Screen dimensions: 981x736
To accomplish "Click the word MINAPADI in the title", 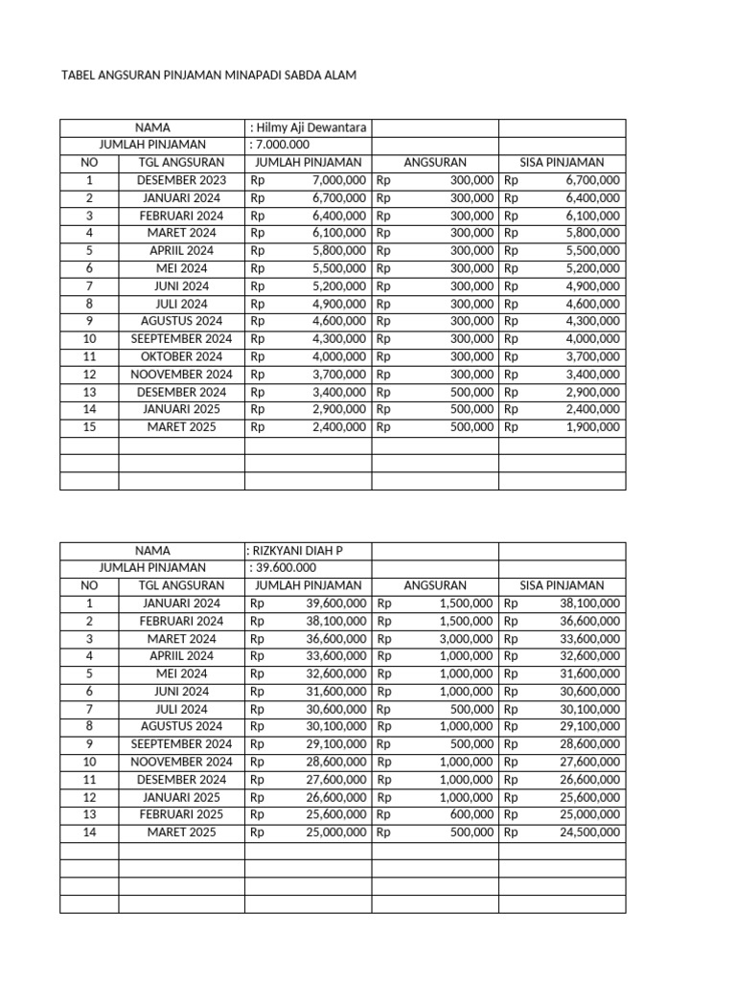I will [x=252, y=74].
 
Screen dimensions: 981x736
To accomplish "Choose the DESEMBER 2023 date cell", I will [x=181, y=180].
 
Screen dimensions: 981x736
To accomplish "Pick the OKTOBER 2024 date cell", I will [x=181, y=356].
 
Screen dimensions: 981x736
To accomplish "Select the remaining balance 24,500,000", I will [x=589, y=833].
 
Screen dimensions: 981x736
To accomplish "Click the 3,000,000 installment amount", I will [x=467, y=639].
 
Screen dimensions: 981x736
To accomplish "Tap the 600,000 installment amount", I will [x=472, y=814].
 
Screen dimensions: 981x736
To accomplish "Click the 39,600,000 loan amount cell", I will [x=335, y=604].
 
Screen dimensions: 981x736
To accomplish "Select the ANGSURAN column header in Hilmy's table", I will [x=434, y=163].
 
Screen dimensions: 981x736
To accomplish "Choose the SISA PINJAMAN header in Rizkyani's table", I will [x=562, y=585].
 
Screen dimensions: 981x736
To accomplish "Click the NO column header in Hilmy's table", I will [x=89, y=163].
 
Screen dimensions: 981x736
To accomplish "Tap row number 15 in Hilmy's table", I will [x=89, y=427].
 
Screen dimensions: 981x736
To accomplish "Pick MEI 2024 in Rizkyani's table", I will [x=181, y=673].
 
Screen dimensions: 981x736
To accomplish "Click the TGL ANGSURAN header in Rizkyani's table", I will [x=181, y=585].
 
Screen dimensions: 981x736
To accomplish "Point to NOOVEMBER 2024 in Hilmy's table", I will [x=181, y=375].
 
